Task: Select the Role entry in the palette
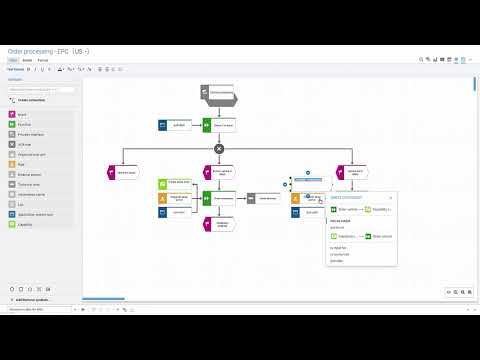click(x=23, y=164)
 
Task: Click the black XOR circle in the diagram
click(x=219, y=148)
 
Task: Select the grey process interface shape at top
click(x=218, y=95)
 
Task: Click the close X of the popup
click(x=390, y=198)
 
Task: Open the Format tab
click(x=43, y=60)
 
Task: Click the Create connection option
click(x=30, y=100)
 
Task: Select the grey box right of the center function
click(x=267, y=198)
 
